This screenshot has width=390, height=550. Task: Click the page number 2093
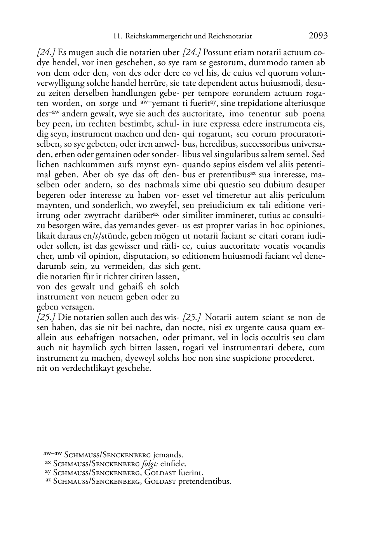(x=318, y=36)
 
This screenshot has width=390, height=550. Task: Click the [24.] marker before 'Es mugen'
(x=46, y=52)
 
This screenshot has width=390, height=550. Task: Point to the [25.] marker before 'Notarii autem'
(x=192, y=317)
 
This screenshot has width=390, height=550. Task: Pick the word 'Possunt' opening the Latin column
(x=218, y=52)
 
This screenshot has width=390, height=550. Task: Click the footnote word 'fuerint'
(x=190, y=473)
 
